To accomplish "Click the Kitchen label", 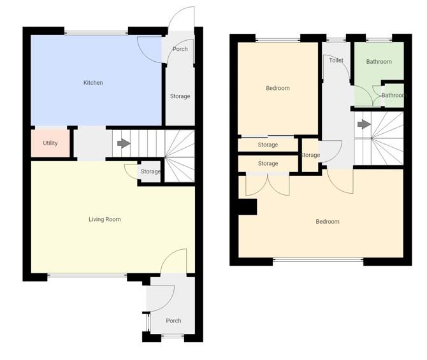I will [93, 83].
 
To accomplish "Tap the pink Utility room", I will [50, 143].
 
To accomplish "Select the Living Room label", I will [105, 220].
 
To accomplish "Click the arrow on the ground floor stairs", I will [124, 143].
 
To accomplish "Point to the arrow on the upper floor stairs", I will [363, 124].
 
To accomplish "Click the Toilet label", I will [336, 61].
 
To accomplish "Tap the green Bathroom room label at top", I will [379, 62].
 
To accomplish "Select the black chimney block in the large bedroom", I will [247, 207].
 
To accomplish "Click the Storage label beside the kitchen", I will [180, 96].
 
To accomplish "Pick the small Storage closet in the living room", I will [150, 172].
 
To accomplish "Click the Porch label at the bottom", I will [173, 321].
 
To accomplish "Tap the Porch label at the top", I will [180, 49].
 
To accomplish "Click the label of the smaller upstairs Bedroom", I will [277, 89].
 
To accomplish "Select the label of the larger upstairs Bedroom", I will [328, 222].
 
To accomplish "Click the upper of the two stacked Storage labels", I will [268, 145].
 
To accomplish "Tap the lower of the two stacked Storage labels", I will [268, 164].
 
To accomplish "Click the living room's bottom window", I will [87, 276].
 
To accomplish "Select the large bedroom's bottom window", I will [318, 260].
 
